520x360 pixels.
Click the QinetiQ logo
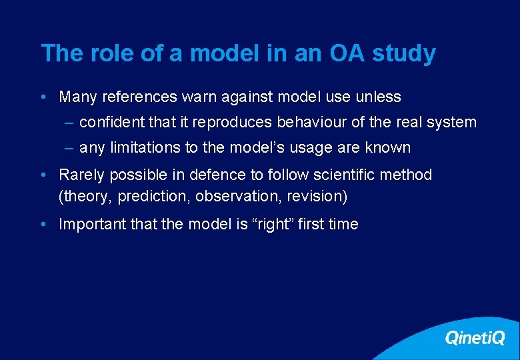(x=475, y=338)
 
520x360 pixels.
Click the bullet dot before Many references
(x=43, y=97)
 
